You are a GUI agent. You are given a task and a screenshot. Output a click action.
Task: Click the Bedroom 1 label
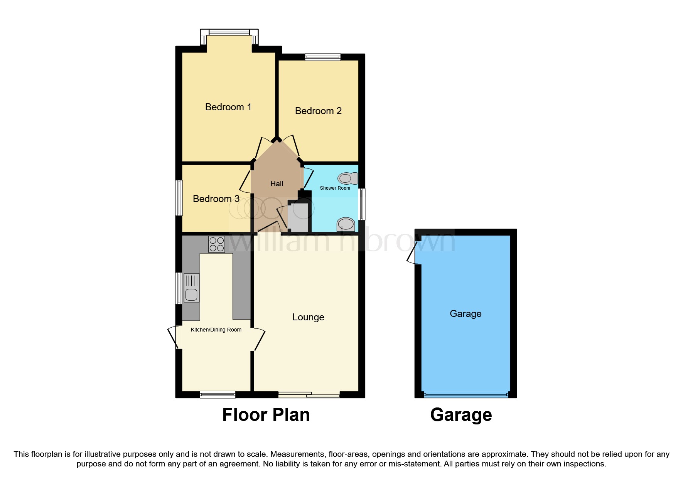[228, 107]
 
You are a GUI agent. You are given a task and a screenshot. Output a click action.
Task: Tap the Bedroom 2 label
[318, 111]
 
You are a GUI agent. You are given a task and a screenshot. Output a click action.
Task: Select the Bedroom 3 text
[216, 199]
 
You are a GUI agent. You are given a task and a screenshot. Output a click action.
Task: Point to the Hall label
[277, 183]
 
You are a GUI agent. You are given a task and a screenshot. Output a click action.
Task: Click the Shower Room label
[335, 188]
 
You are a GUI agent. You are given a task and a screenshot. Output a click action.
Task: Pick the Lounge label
[308, 317]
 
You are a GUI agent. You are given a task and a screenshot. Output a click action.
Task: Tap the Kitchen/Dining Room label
[216, 330]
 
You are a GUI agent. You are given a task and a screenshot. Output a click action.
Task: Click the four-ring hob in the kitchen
[216, 244]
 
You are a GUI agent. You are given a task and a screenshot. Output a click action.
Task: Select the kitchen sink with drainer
[192, 288]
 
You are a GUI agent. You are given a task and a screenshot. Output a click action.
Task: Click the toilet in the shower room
[347, 178]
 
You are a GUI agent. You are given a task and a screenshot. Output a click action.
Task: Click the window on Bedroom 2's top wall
[322, 57]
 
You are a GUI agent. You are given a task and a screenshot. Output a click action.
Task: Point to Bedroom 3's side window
[179, 198]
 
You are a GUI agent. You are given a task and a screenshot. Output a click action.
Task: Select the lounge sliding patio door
[309, 394]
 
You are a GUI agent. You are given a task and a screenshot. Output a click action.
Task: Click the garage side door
[413, 253]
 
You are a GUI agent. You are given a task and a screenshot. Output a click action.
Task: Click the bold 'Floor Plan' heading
[266, 415]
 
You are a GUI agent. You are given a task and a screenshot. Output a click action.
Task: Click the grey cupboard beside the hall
[298, 217]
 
